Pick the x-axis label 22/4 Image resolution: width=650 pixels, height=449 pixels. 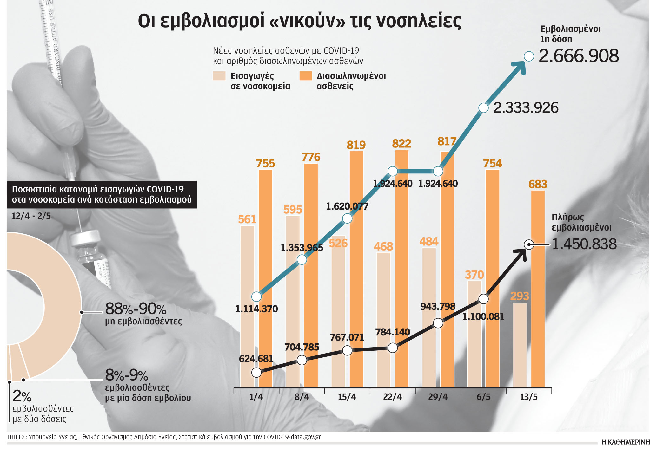(393, 397)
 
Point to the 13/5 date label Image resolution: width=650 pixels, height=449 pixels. (529, 397)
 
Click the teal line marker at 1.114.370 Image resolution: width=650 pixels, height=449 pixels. (256, 297)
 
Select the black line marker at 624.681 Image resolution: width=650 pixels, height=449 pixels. (256, 372)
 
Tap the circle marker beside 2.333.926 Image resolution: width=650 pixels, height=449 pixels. (483, 108)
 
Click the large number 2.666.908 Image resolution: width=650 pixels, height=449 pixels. (579, 56)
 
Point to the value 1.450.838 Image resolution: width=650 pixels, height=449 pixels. (584, 244)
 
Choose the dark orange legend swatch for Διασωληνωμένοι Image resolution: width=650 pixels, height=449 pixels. (306, 76)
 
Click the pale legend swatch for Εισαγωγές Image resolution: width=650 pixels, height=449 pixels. (219, 76)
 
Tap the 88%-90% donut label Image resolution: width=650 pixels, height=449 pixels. (136, 309)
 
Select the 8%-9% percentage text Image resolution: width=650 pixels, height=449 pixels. (127, 375)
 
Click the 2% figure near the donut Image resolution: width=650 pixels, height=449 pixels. (22, 396)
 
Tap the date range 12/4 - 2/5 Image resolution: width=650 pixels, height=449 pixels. (31, 216)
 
